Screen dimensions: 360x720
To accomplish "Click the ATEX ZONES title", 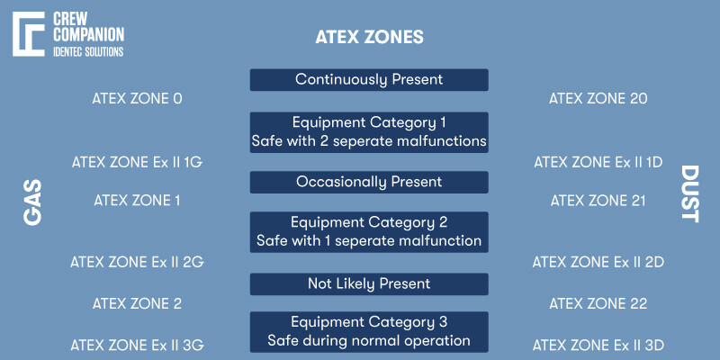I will coord(369,38).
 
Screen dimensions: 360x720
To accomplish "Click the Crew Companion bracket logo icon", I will coord(29,33).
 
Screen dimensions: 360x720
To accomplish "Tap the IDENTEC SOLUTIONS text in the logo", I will coord(88,52).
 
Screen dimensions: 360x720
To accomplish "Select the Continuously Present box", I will coord(369,80).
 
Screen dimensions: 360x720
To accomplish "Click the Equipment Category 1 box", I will coord(369,131).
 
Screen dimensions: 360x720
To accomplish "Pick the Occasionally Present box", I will coord(369,182).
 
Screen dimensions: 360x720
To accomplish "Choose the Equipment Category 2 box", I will coord(369,231).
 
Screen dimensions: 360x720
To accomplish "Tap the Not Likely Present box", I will coord(369,283).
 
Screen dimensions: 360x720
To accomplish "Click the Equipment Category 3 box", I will coord(369,331).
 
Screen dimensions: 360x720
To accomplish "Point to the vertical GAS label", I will coord(33,201).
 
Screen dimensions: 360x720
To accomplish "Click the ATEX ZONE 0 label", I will coord(137,98).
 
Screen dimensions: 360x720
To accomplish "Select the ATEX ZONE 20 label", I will coord(598,98).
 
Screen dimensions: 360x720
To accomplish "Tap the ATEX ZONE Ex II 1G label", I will coord(137,162).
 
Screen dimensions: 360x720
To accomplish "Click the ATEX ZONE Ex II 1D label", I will coord(598,162).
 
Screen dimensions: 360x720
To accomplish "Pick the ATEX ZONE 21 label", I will coord(598,200).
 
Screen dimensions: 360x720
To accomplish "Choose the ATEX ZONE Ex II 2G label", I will coord(137,262).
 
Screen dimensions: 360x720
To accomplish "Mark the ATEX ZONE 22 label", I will coord(598,303).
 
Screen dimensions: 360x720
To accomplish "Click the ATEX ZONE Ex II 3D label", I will coord(598,344).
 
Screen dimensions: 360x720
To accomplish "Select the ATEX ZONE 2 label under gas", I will coord(137,303).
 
